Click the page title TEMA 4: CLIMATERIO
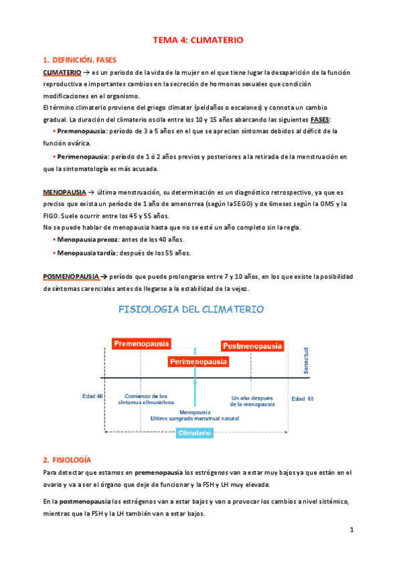click(198, 40)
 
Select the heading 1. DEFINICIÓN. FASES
click(79, 60)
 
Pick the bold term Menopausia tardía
click(89, 253)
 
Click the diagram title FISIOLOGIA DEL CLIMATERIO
click(191, 310)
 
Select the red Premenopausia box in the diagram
click(141, 344)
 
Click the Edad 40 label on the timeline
click(92, 396)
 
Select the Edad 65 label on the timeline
click(303, 399)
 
